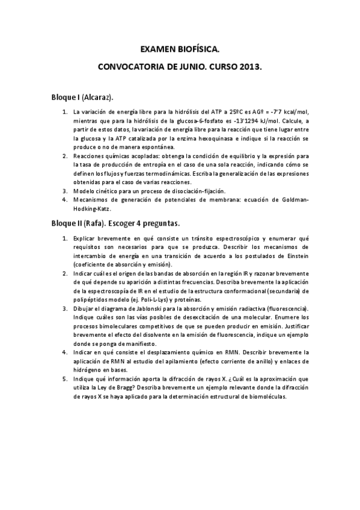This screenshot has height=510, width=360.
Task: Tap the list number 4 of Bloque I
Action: point(65,200)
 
